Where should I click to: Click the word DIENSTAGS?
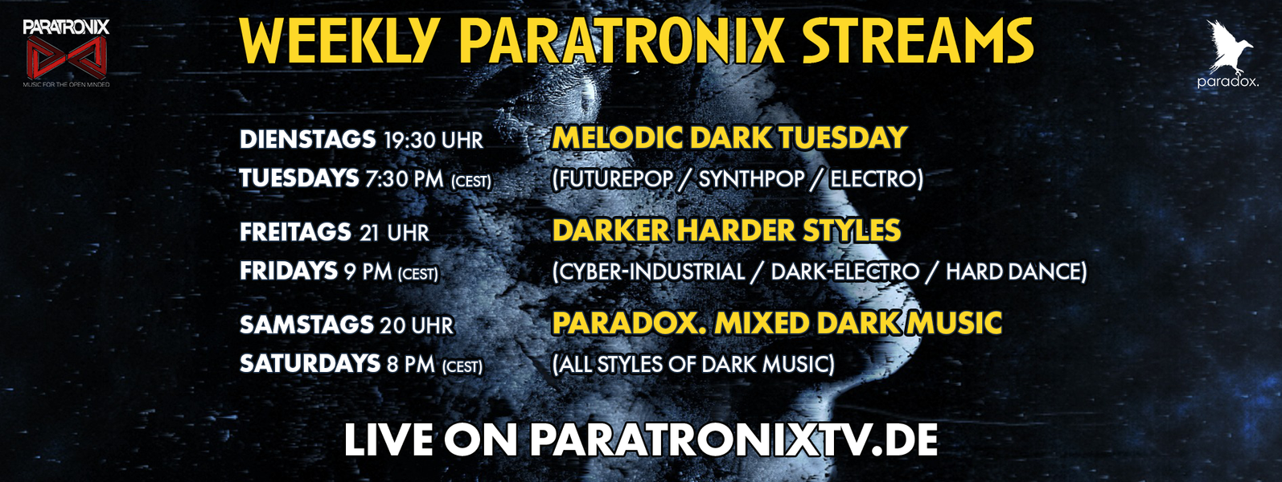308,140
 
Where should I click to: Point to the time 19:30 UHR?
433,141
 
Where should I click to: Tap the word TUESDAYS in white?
299,178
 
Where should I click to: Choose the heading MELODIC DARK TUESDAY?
729,138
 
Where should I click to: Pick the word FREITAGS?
295,232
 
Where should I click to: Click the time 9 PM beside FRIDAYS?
368,272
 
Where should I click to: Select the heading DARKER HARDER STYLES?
726,231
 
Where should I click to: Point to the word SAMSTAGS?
306,325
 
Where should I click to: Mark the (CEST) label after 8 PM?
462,366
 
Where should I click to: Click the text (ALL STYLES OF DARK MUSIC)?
693,364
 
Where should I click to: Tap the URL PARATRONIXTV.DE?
733,440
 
